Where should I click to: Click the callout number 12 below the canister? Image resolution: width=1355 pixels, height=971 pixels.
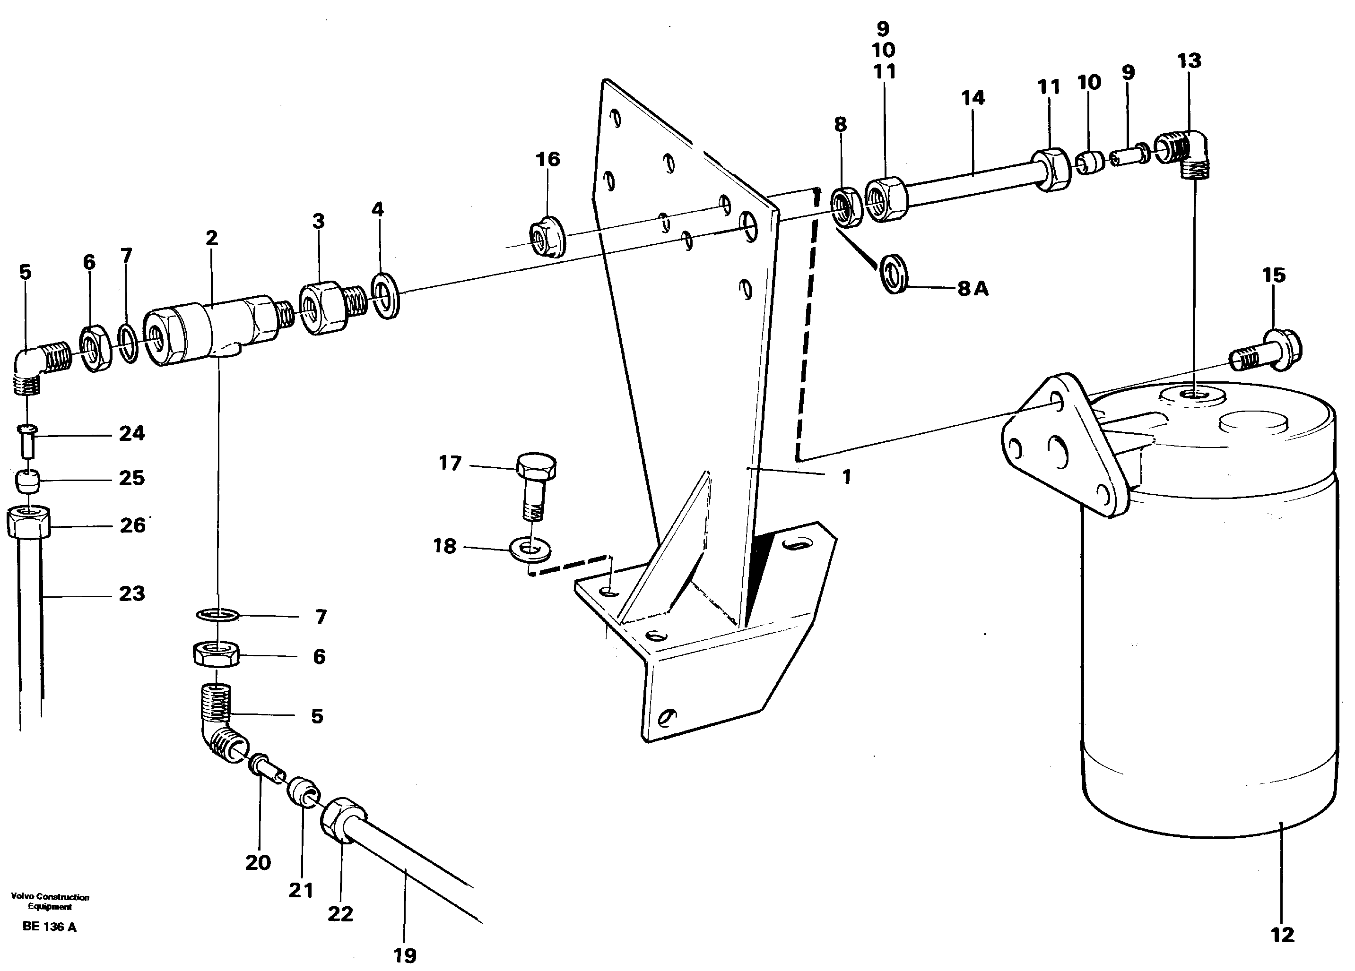(x=1282, y=935)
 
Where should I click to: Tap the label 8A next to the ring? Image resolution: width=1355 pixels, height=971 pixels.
(x=973, y=289)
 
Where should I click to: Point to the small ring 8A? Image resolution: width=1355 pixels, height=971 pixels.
(x=893, y=274)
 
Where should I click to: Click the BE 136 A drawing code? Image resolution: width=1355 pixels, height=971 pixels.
(x=49, y=927)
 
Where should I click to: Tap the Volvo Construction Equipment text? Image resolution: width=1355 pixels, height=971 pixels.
(x=50, y=902)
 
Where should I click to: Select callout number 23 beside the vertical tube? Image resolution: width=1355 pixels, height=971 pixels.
(x=131, y=593)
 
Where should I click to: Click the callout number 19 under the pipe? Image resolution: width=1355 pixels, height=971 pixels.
(x=405, y=955)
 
